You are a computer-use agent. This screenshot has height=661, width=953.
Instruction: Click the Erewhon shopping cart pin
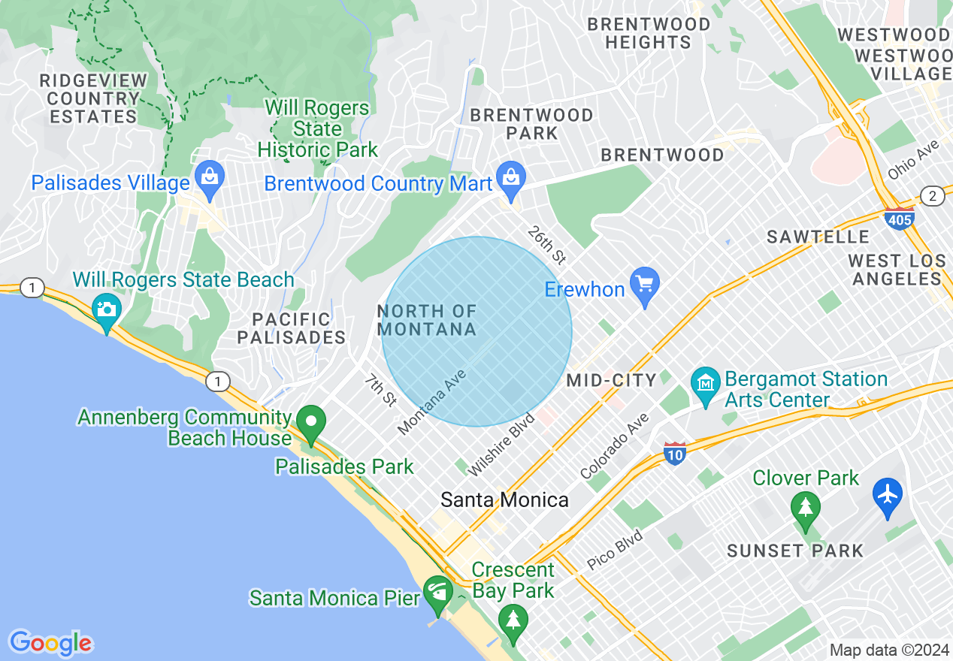click(644, 285)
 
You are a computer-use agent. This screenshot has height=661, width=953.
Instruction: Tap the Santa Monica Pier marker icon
click(438, 593)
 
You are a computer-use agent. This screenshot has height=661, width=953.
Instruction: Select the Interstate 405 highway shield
click(900, 219)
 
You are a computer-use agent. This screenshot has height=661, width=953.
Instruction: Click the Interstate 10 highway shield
click(674, 454)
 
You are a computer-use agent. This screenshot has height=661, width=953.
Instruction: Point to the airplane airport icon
click(888, 495)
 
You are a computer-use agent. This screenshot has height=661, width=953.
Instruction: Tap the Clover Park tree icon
click(806, 509)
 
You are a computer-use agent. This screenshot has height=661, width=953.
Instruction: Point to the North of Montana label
click(427, 320)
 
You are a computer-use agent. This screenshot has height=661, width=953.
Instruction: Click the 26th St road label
click(546, 245)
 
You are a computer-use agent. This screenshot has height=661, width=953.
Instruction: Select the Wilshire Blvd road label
click(501, 444)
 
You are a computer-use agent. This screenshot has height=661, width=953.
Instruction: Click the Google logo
click(50, 643)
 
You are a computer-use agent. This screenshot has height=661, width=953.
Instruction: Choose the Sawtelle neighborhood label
click(818, 237)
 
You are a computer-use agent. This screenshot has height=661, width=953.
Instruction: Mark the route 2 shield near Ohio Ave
click(933, 196)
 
